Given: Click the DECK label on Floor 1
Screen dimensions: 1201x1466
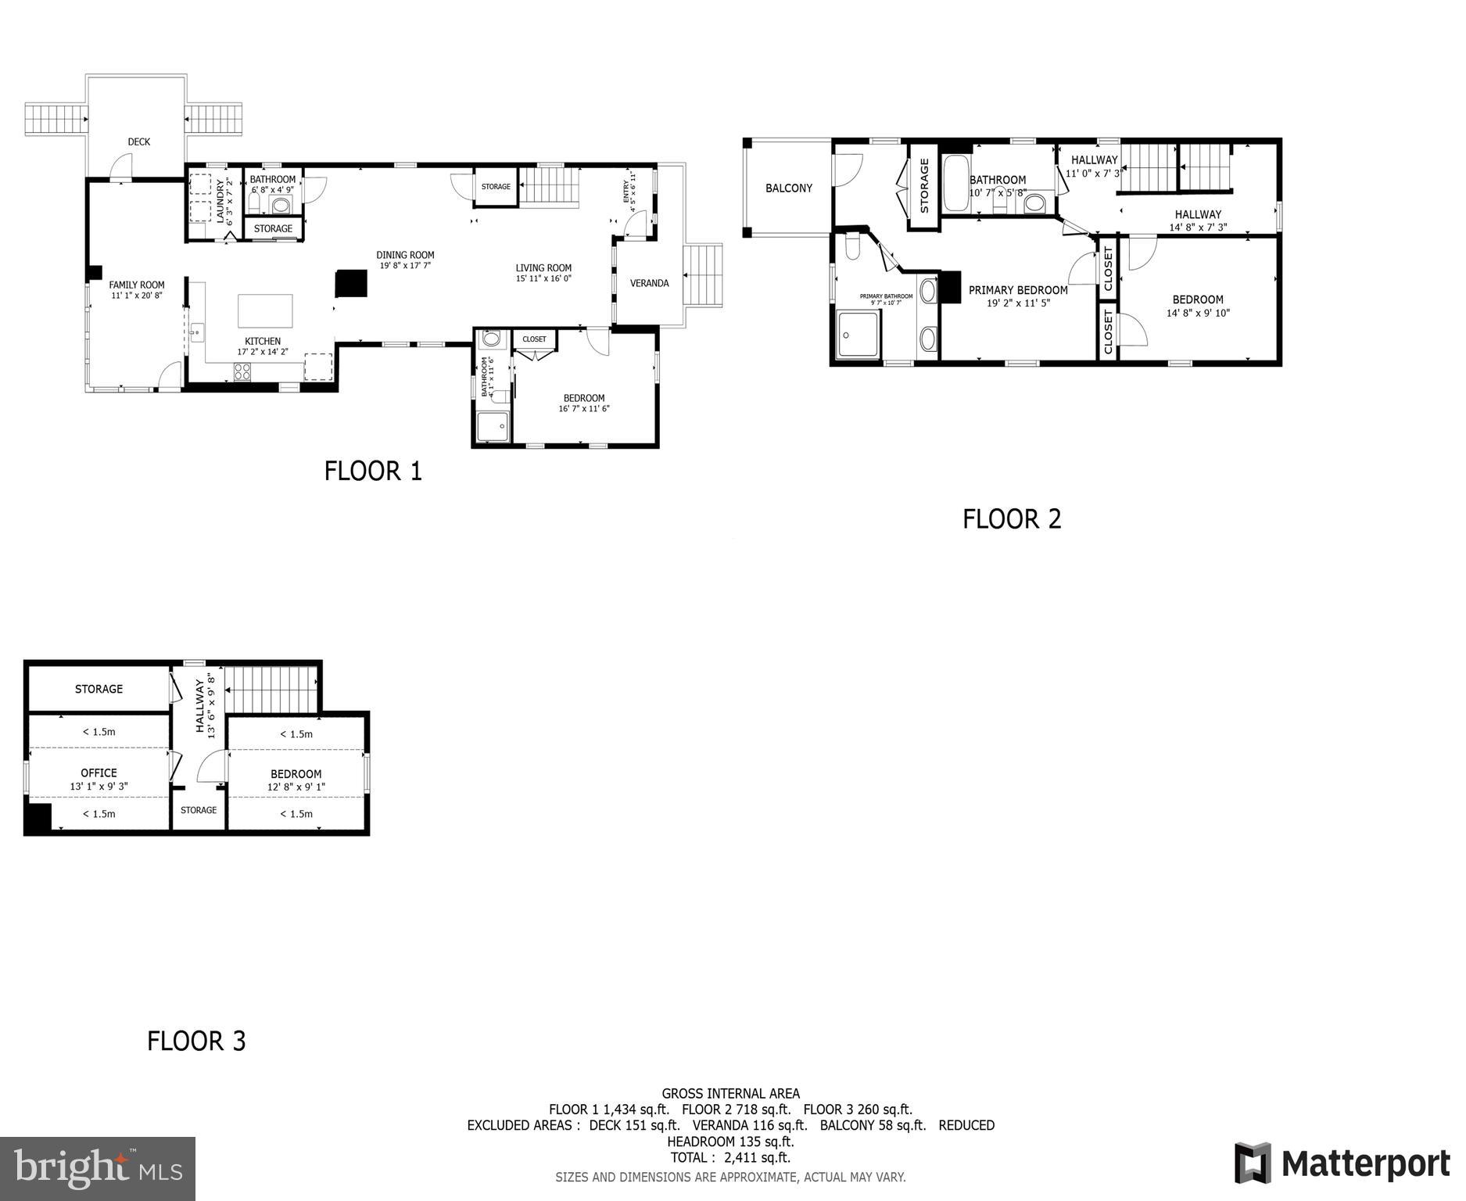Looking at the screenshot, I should click(138, 142).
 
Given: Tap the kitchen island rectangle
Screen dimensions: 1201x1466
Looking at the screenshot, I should click(265, 310).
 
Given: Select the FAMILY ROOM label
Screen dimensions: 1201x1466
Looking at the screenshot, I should click(137, 285).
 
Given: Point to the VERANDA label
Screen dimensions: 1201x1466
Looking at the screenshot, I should click(649, 283).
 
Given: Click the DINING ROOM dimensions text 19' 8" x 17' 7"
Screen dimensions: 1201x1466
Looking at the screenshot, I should click(405, 266).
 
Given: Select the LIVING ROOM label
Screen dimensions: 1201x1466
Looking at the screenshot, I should click(543, 267).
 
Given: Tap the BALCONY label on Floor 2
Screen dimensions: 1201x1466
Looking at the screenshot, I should click(788, 188).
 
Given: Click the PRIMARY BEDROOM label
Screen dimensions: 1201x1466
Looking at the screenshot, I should click(1018, 290).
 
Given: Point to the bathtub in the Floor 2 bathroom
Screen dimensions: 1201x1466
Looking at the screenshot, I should click(955, 184).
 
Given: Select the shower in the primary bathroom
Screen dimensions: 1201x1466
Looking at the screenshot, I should click(858, 335).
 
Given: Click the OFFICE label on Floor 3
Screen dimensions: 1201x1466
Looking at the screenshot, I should click(99, 773).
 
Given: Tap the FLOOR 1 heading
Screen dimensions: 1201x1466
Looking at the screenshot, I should click(373, 471).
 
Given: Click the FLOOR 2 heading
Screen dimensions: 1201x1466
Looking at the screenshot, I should click(1012, 519).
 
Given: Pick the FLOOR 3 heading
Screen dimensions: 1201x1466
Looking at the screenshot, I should click(196, 1041).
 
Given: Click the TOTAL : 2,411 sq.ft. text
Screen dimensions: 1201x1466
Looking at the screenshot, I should click(730, 1158).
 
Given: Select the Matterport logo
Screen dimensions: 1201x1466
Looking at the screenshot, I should click(1342, 1163).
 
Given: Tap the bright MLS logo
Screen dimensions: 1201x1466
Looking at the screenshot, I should click(98, 1169).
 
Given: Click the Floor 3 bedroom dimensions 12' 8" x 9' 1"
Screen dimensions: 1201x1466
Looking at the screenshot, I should click(296, 787).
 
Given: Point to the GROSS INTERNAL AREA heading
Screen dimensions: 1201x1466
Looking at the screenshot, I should click(730, 1094).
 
